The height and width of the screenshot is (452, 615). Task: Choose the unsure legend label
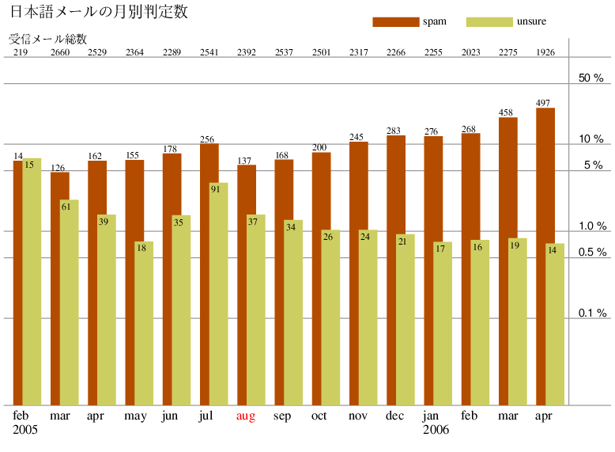click(530, 21)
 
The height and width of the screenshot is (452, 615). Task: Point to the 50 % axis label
click(591, 78)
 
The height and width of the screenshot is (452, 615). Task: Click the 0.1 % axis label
click(591, 313)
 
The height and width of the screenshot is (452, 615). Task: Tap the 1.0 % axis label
click(591, 226)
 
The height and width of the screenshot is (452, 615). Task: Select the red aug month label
click(246, 416)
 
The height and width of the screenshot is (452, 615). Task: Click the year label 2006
click(436, 430)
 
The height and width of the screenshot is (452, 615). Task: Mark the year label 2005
click(25, 430)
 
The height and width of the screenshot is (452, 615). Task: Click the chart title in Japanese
click(98, 13)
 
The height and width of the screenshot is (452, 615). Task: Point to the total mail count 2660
click(60, 53)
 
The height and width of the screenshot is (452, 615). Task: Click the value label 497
click(543, 103)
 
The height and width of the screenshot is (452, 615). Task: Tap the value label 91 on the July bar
click(215, 189)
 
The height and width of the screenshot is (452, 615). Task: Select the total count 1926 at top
click(545, 53)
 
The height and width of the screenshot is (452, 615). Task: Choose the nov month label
click(357, 416)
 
